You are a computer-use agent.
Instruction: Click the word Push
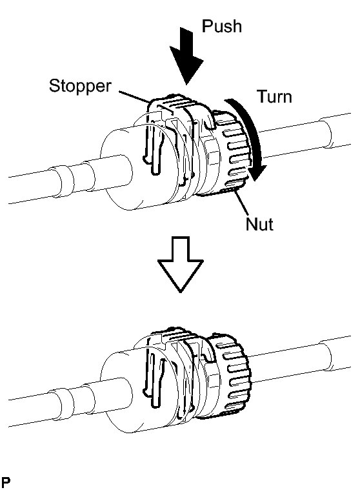pos(222,26)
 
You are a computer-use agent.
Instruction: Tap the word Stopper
pos(80,86)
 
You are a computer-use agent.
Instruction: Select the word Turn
pos(275,97)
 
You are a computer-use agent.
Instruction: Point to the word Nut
pos(259,224)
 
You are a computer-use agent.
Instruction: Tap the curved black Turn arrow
pos(250,138)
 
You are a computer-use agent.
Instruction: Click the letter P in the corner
pos(6,482)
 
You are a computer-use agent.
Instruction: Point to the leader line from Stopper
pos(134,97)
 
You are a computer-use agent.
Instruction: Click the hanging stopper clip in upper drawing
pos(153,144)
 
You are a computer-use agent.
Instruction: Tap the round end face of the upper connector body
pos(116,170)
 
